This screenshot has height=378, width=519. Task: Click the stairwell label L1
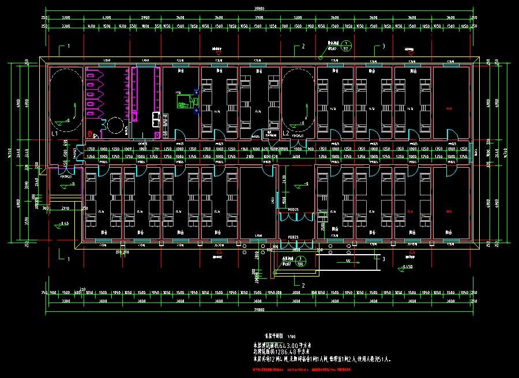55,133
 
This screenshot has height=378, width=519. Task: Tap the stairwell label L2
286,133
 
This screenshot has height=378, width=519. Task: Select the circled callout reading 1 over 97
346,46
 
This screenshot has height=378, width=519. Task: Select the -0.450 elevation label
407,266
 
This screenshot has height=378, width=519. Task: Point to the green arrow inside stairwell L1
74,109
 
